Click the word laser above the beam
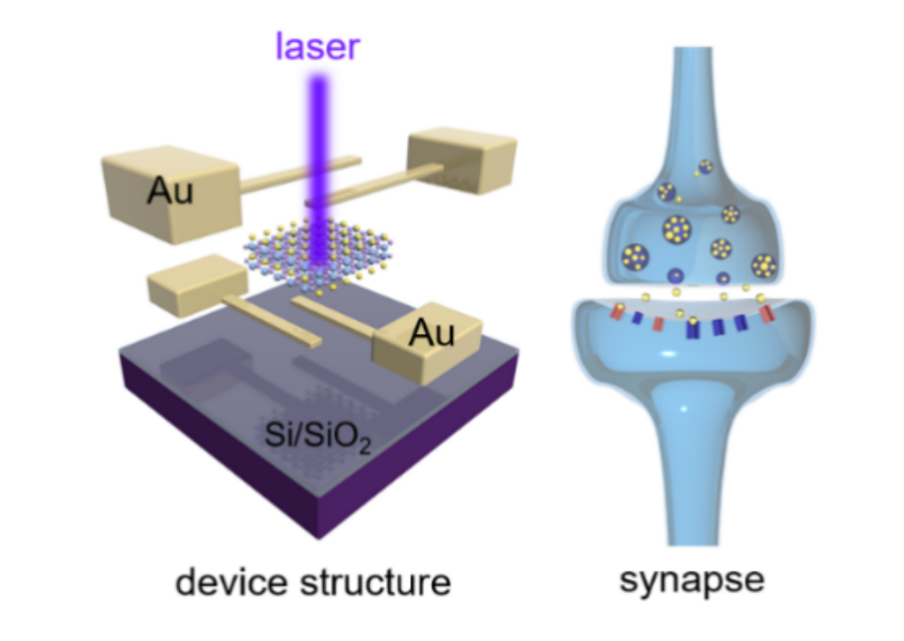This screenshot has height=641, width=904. [x=317, y=45]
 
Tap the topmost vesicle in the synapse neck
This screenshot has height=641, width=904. [x=705, y=166]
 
